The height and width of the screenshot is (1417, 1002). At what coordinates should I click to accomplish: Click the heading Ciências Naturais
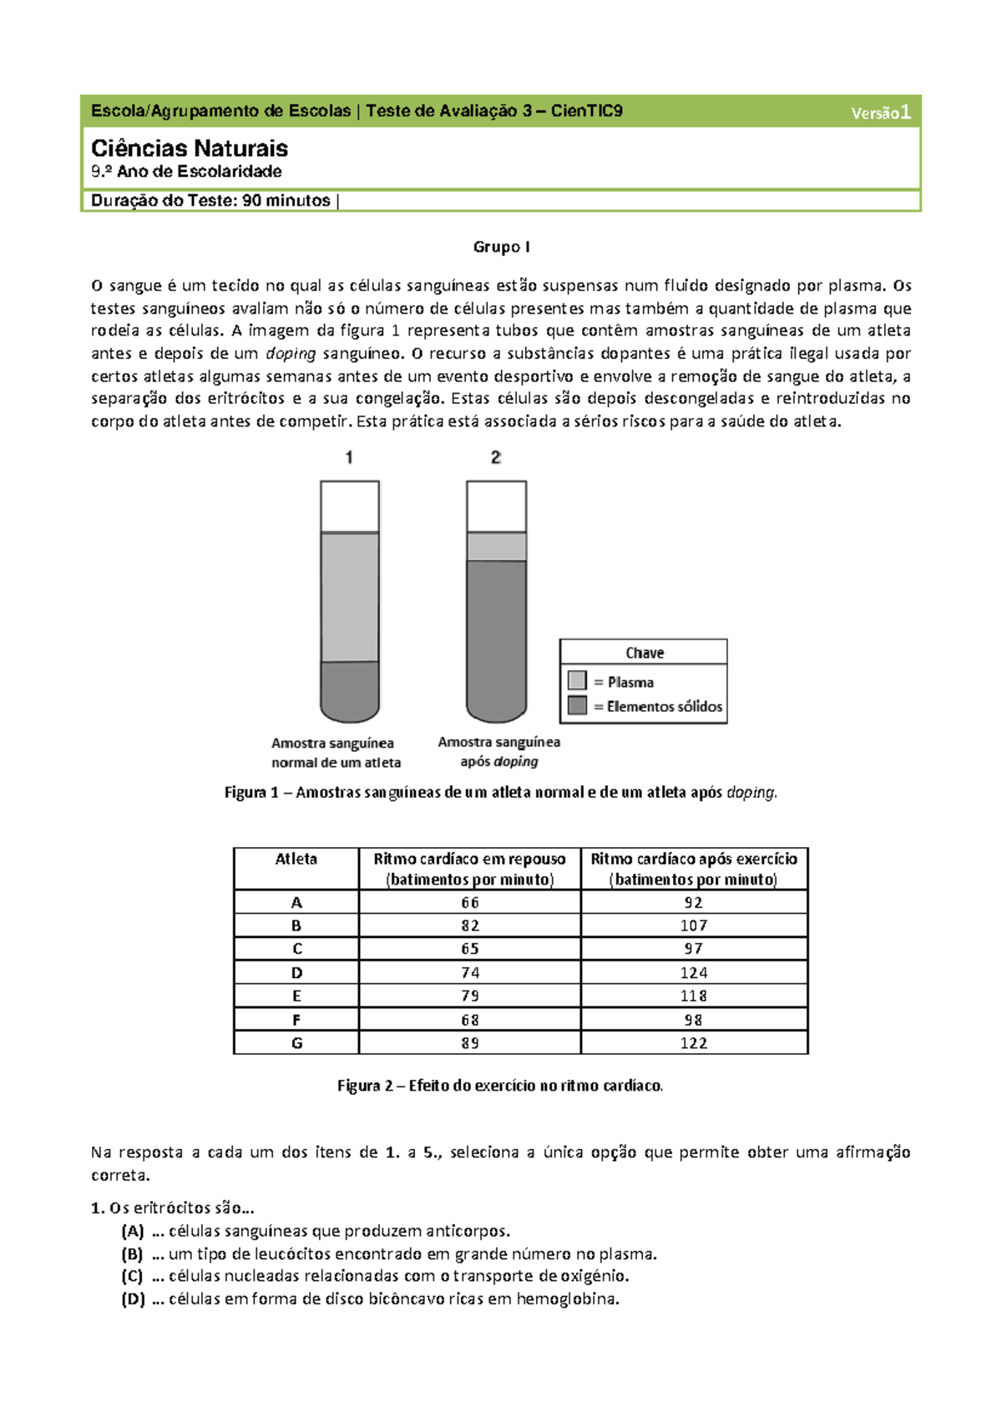[x=190, y=149]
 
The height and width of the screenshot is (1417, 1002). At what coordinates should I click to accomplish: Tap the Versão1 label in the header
[x=880, y=113]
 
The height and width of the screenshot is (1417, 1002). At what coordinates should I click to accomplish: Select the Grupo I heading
[x=501, y=247]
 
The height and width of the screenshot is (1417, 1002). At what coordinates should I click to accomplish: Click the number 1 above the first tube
[x=349, y=457]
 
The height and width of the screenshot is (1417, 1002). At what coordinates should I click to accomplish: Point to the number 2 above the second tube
[x=496, y=457]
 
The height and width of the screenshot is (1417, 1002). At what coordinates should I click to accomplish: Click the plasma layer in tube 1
[x=350, y=597]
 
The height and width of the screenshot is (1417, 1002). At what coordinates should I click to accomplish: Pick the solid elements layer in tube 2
[x=496, y=634]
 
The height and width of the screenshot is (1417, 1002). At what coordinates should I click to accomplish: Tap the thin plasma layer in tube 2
[x=496, y=547]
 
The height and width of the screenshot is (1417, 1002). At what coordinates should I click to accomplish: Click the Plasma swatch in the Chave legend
[x=577, y=680]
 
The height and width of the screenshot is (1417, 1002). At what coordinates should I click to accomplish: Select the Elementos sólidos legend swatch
[x=577, y=705]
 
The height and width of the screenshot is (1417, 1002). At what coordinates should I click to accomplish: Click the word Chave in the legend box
[x=645, y=653]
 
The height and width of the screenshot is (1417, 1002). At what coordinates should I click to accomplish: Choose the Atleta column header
[x=296, y=859]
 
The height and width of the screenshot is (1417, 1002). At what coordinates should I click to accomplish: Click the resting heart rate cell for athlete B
[x=470, y=925]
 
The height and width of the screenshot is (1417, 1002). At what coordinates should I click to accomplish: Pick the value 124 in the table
[x=694, y=972]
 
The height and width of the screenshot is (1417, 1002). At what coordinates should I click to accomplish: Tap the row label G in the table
[x=296, y=1043]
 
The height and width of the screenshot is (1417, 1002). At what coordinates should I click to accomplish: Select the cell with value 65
[x=470, y=949]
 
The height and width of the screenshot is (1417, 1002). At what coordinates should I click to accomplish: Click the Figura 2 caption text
[x=500, y=1086]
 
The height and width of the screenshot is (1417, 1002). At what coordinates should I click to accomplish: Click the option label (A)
[x=133, y=1231]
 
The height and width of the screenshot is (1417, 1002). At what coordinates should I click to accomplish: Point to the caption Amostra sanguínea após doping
[x=498, y=751]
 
